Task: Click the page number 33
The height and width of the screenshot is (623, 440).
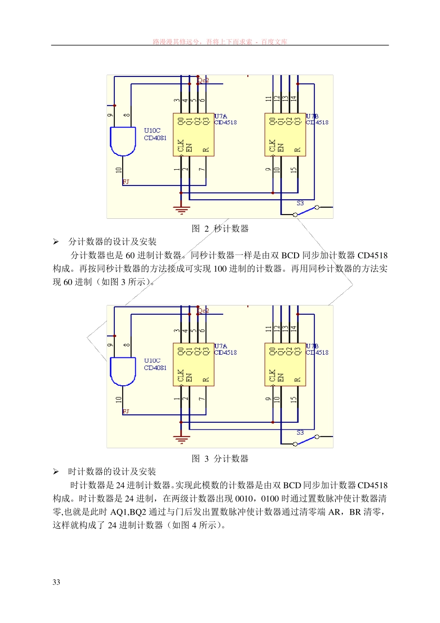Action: point(56,582)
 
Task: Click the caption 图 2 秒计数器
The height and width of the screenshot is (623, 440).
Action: point(220,229)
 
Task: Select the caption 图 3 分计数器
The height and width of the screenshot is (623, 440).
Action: point(220,458)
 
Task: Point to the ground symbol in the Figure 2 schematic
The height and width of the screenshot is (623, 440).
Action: point(181,210)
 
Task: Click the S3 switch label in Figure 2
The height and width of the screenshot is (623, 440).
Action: point(300,203)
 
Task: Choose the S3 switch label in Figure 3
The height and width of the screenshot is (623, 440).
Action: point(300,432)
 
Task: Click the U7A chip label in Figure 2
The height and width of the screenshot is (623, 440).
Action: point(221,116)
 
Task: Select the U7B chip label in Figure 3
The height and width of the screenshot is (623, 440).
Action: point(312,346)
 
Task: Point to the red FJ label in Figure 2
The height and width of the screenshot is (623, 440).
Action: point(126,182)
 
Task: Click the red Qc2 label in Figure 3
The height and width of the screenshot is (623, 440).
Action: point(203,311)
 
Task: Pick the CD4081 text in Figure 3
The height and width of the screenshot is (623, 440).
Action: point(155,368)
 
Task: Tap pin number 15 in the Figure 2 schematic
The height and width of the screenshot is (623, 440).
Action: point(293,170)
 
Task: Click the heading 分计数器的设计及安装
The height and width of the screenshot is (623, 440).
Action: point(113,242)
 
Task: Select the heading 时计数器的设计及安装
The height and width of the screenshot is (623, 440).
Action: point(112,471)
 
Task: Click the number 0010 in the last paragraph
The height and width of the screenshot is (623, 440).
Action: point(244,499)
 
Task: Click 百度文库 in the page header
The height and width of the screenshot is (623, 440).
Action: point(274,42)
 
